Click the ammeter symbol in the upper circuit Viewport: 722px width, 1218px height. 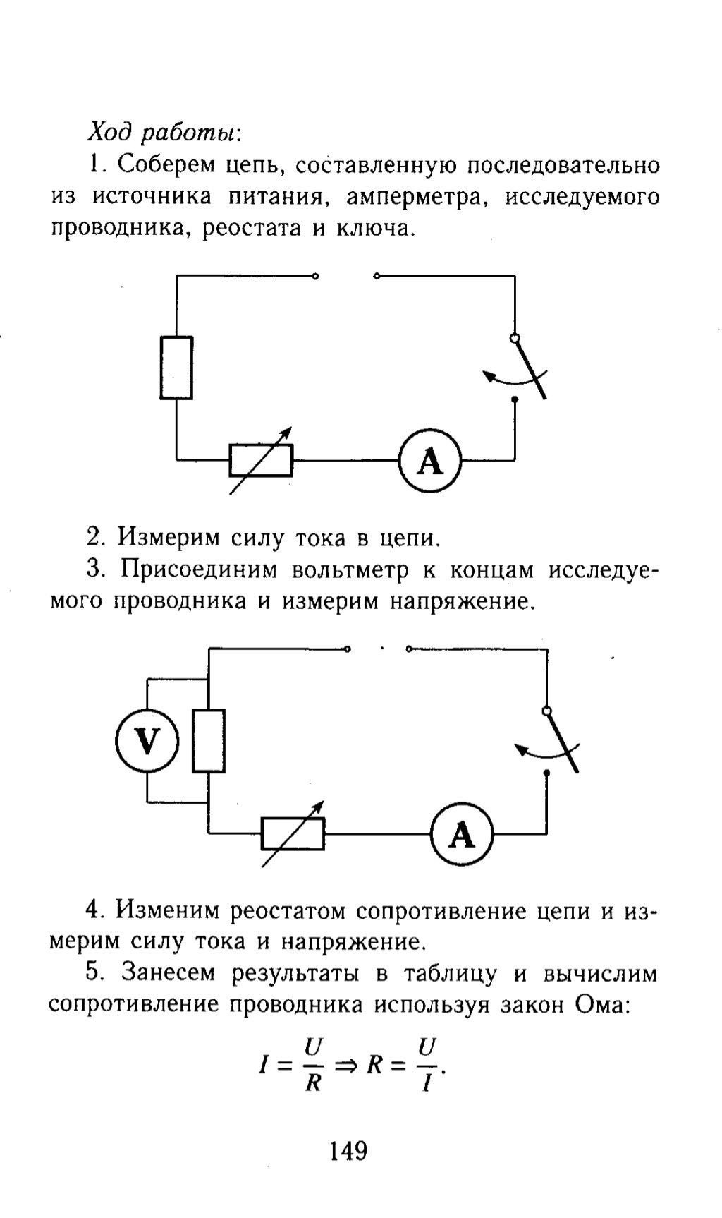pyautogui.click(x=429, y=462)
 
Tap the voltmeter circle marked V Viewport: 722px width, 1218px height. pyautogui.click(x=147, y=740)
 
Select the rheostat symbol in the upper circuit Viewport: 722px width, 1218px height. pyautogui.click(x=261, y=462)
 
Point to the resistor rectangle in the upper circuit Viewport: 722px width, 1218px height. pyautogui.click(x=176, y=368)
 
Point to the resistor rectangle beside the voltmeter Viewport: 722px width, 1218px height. pyautogui.click(x=209, y=741)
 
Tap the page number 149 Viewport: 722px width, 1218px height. pyautogui.click(x=348, y=1151)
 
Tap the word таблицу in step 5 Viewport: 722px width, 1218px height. pyautogui.click(x=450, y=974)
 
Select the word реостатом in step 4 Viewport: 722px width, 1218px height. pyautogui.click(x=287, y=911)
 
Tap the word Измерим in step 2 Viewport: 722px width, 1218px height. pyautogui.click(x=169, y=538)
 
